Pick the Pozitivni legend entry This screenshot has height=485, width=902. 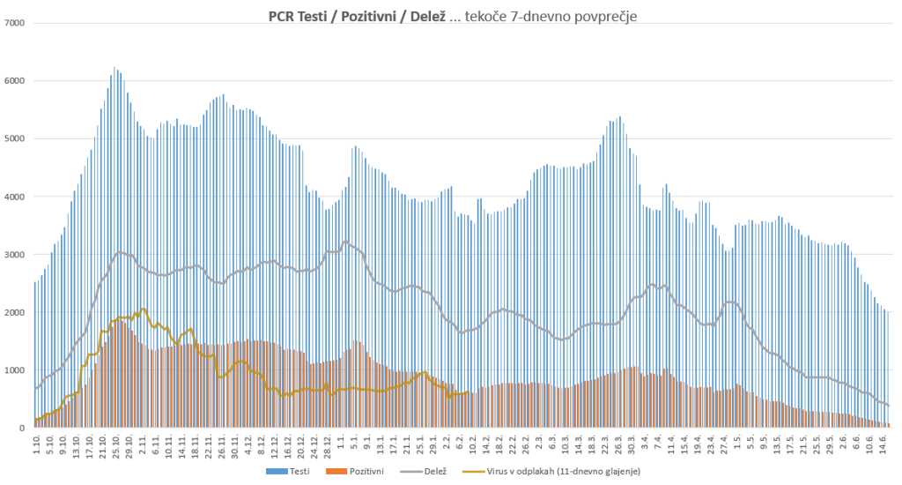(362, 472)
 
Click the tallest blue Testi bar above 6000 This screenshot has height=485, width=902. (115, 69)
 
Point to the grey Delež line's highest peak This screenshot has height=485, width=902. (345, 241)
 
